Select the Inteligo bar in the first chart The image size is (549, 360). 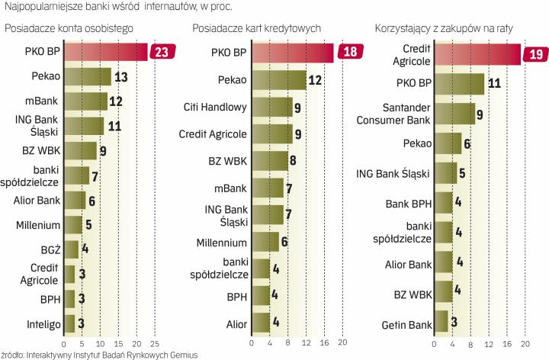click(x=69, y=324)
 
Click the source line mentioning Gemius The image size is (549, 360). click(x=99, y=355)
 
